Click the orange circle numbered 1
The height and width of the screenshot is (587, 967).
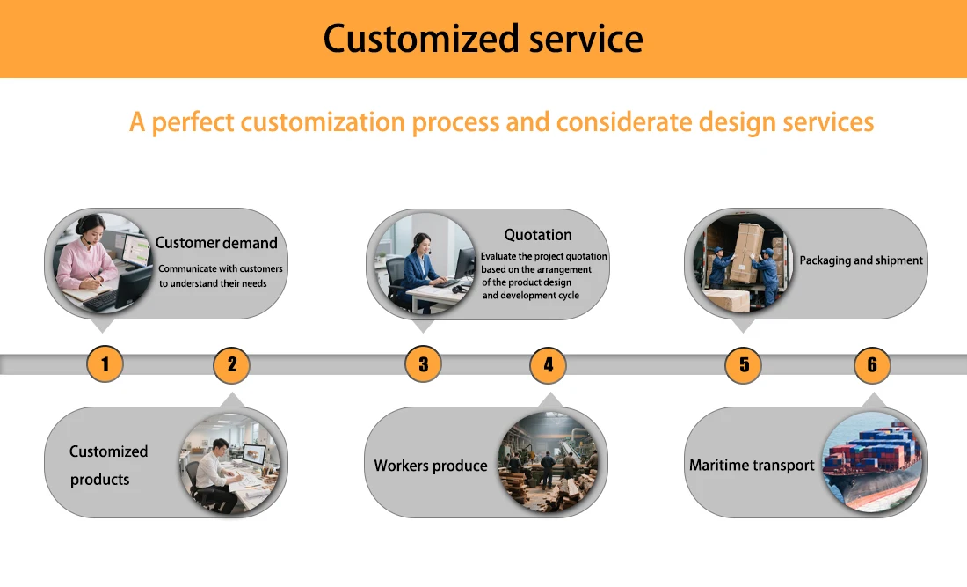click(105, 363)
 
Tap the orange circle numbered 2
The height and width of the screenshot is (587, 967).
click(232, 364)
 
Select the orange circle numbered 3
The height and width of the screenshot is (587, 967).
click(424, 364)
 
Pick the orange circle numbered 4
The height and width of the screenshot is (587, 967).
click(549, 364)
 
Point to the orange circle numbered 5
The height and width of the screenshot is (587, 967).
click(743, 365)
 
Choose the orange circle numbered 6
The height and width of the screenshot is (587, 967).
click(873, 365)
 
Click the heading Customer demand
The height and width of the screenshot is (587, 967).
click(216, 243)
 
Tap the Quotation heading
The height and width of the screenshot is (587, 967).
click(538, 235)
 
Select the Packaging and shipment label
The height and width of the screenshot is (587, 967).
click(861, 260)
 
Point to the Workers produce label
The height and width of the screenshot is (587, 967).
click(431, 466)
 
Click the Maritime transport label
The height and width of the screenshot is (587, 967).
click(752, 465)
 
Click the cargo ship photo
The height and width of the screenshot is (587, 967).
click(873, 462)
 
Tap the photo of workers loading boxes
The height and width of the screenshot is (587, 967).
click(743, 263)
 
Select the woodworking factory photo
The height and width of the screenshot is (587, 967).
click(549, 462)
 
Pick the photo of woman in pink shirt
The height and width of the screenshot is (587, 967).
click(104, 263)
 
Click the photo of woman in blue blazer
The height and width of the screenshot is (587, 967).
click(425, 264)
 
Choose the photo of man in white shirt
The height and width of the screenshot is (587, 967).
click(230, 463)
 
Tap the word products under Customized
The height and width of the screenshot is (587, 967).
click(100, 480)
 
